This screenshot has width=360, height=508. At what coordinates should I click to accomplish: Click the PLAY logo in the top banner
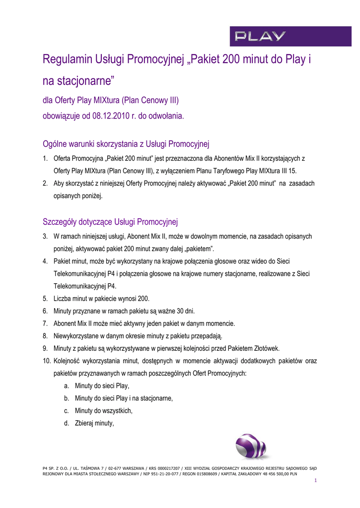pos(260,36)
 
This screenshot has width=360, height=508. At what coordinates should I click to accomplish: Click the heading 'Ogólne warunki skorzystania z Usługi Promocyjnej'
pos(126,144)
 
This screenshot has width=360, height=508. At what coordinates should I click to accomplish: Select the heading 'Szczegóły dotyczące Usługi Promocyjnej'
pos(111,221)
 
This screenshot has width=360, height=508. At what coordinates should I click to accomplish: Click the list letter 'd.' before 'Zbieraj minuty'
pos(67,423)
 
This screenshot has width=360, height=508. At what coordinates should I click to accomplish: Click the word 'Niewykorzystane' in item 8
pos(78,336)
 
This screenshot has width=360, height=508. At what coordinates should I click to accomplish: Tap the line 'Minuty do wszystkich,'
pos(104,411)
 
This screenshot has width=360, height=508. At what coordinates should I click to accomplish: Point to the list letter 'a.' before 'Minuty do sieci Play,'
pos(67,386)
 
